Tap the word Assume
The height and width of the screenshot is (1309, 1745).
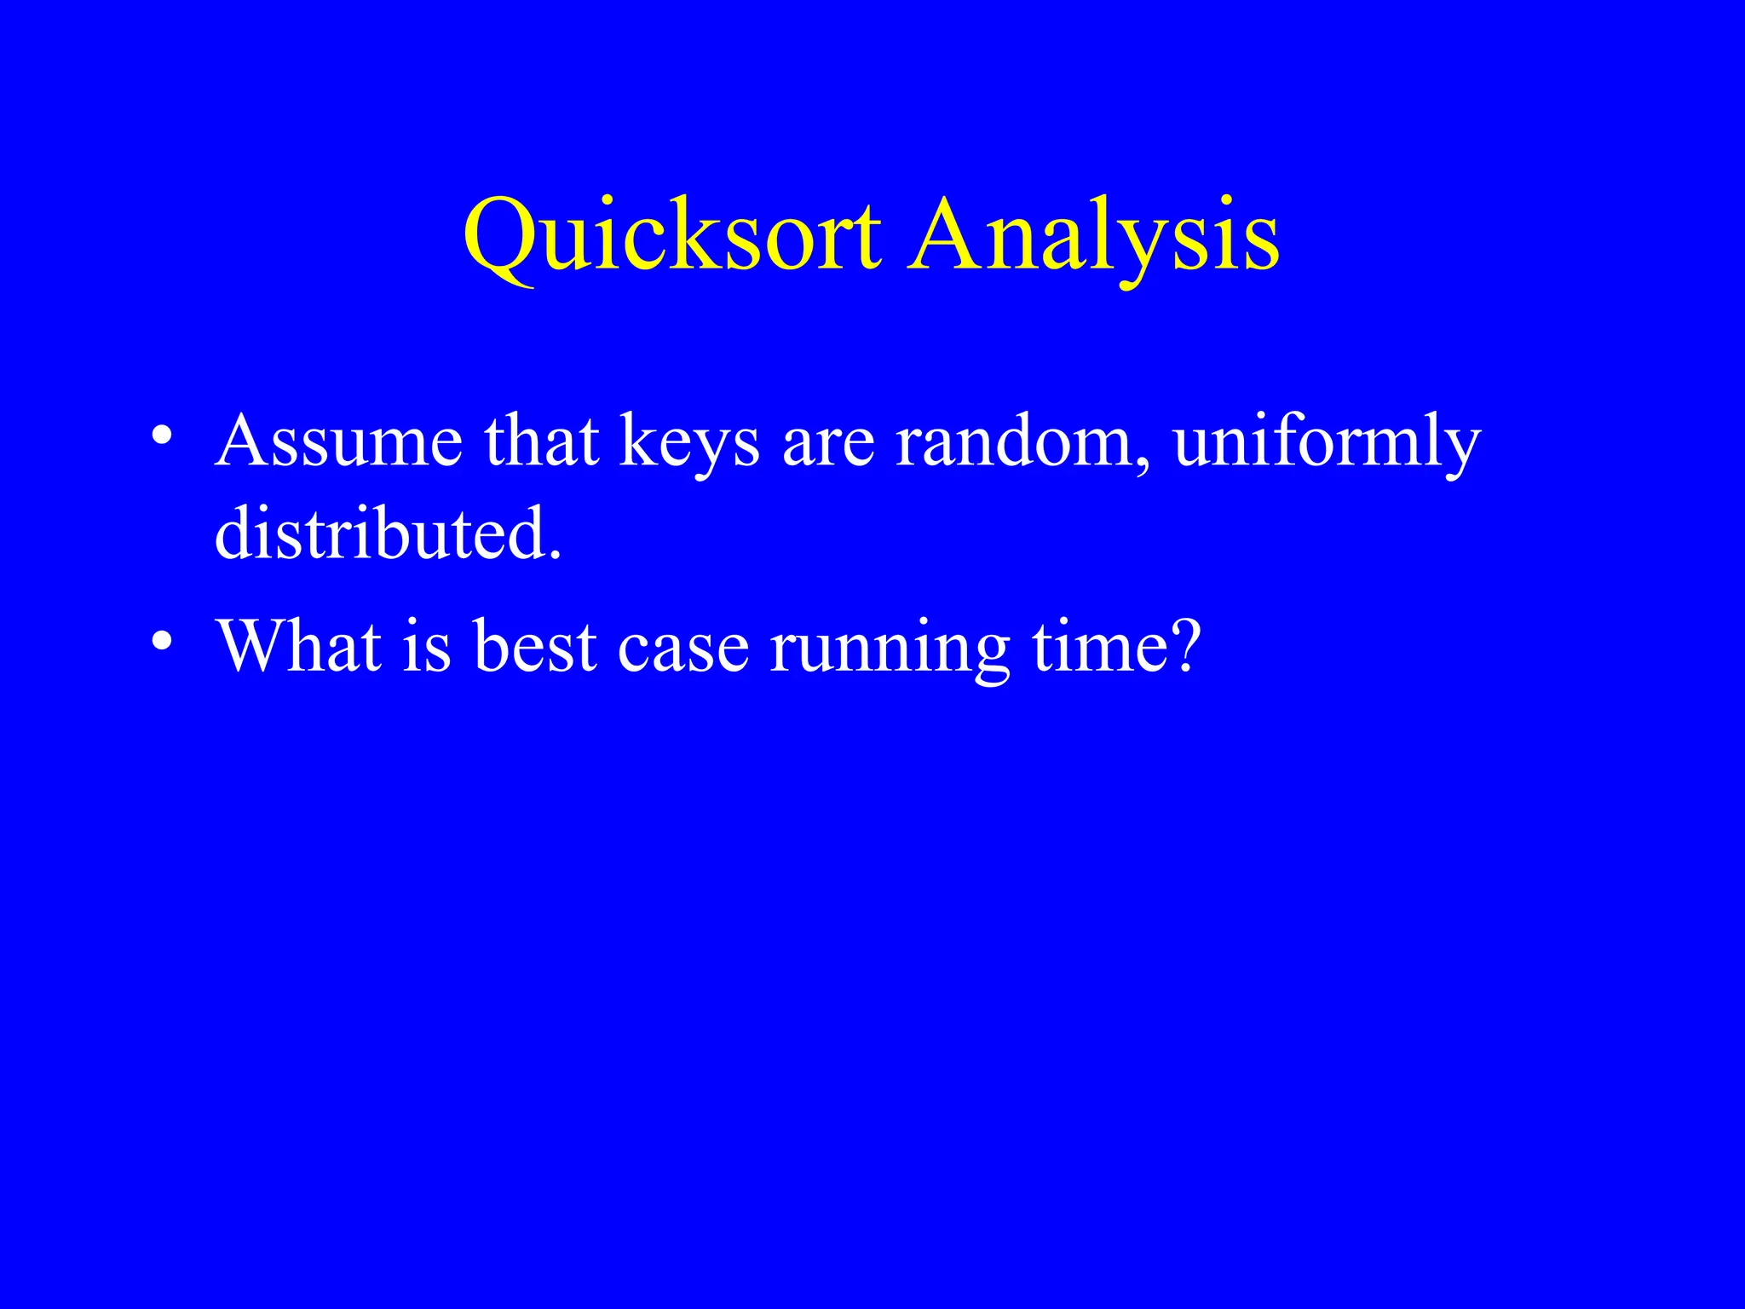(338, 441)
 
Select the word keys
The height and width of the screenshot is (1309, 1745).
(688, 441)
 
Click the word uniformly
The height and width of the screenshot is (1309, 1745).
(1327, 441)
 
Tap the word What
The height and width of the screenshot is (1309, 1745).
(298, 646)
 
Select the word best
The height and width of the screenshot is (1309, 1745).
(534, 646)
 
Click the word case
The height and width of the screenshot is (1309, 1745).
(682, 646)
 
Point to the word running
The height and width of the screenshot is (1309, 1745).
(889, 646)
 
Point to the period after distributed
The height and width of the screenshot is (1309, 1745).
(556, 554)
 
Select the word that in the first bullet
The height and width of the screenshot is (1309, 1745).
(541, 441)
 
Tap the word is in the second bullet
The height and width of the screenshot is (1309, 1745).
(426, 646)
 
